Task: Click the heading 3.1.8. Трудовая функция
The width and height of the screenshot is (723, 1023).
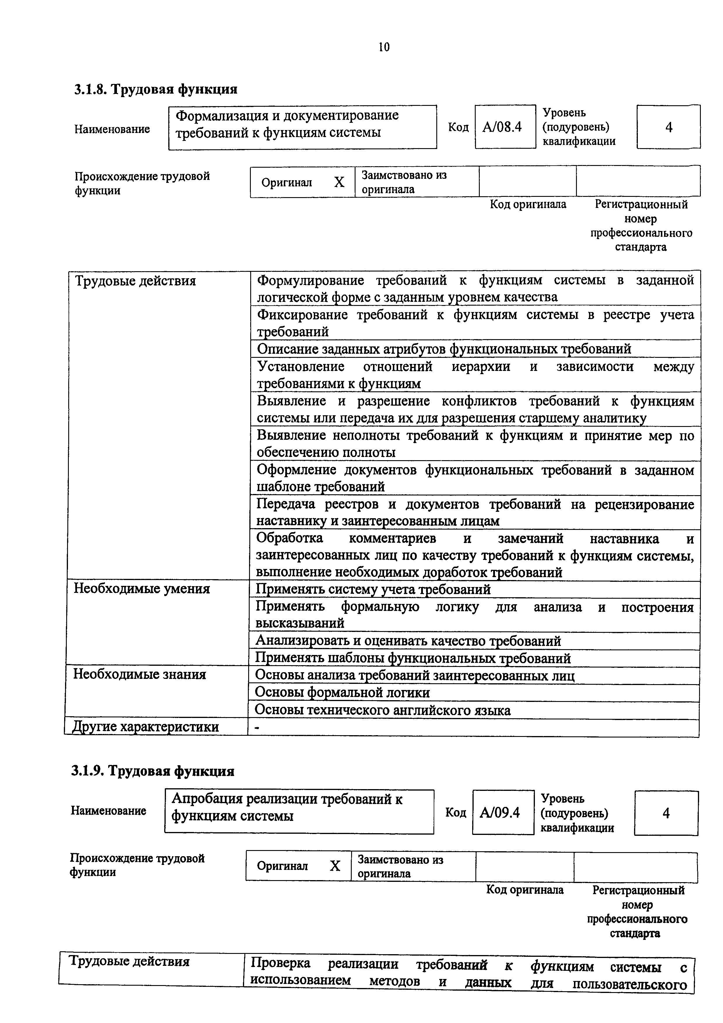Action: point(155,89)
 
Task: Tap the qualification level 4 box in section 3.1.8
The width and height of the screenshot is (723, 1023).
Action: point(668,127)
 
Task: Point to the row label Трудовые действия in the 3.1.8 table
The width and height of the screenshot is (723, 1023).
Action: point(135,281)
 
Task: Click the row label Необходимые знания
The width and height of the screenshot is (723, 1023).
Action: point(139,674)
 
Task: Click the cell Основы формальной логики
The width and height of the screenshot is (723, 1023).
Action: point(342,692)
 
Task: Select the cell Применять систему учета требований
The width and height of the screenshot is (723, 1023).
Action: point(373,589)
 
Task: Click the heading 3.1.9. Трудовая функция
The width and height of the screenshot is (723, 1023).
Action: point(152,770)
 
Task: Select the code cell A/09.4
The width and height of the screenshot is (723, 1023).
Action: point(502,813)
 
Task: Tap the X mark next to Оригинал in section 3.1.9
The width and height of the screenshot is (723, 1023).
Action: point(335,866)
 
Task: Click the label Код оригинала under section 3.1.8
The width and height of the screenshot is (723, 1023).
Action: point(528,204)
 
